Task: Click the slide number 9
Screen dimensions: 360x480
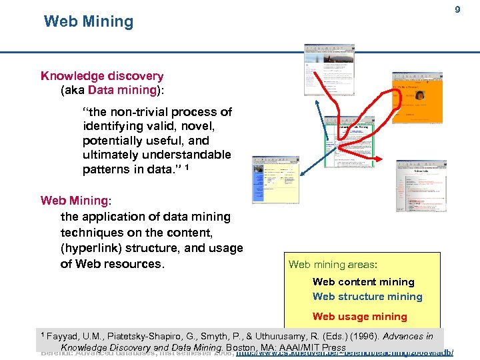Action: click(x=457, y=10)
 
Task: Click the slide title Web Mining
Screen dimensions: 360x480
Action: click(x=89, y=21)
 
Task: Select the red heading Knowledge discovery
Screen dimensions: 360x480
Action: click(x=102, y=76)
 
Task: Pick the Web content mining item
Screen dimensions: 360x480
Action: click(x=363, y=282)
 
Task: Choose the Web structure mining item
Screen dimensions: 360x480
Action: click(x=367, y=297)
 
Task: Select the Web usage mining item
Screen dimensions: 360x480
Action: click(x=359, y=317)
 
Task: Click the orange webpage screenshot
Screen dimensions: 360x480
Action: click(x=417, y=103)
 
